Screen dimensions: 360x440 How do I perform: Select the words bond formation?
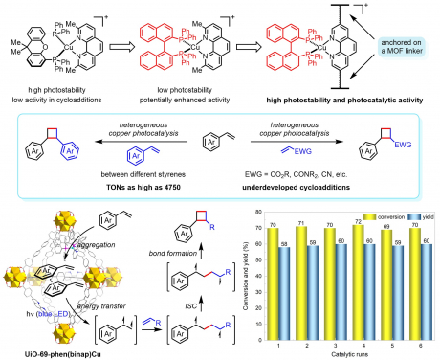164,244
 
